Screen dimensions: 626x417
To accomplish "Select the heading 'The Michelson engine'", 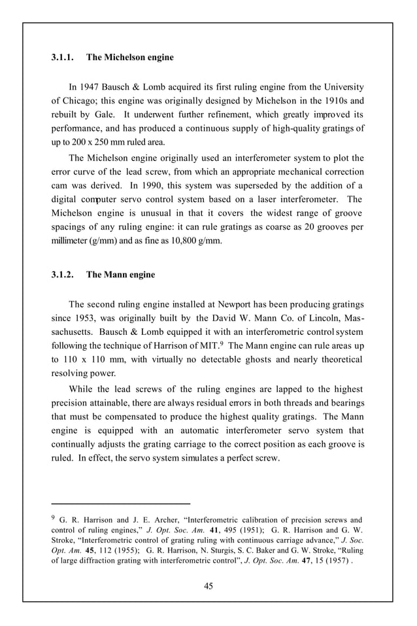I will point(130,58).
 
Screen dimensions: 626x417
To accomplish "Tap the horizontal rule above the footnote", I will point(120,504).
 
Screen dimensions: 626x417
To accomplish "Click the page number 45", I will point(208,585).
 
